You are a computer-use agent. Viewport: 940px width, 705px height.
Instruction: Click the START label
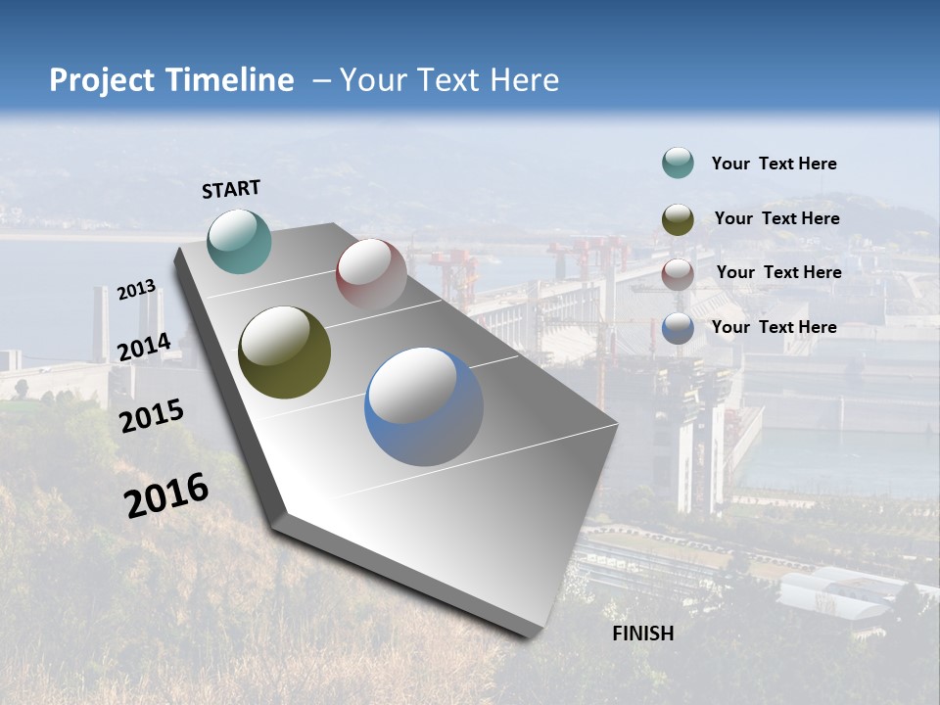click(x=231, y=189)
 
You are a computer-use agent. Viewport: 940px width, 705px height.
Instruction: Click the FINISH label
click(x=642, y=634)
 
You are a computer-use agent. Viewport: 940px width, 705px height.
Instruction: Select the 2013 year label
click(x=136, y=290)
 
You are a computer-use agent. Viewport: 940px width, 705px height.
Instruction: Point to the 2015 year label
click(x=151, y=416)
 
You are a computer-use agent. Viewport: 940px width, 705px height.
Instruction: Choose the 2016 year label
click(x=166, y=494)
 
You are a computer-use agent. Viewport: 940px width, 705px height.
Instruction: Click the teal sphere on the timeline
click(x=239, y=241)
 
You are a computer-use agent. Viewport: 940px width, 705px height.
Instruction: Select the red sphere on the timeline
click(x=371, y=274)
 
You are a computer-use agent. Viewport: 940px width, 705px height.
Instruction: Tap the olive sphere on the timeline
click(x=284, y=352)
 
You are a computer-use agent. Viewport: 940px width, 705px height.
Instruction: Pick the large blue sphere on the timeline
click(x=424, y=406)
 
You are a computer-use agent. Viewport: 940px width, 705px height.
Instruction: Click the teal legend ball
click(x=678, y=164)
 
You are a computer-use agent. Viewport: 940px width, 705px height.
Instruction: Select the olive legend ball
click(x=678, y=219)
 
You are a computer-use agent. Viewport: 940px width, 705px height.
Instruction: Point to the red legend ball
click(x=678, y=274)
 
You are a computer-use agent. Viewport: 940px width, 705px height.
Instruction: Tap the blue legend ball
click(x=678, y=328)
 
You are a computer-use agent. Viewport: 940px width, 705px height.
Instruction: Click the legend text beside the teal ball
click(x=774, y=164)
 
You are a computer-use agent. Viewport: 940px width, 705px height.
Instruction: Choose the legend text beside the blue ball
click(x=774, y=327)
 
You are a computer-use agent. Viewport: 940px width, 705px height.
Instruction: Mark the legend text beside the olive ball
click(x=776, y=218)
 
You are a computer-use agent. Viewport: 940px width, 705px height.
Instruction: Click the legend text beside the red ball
click(x=778, y=272)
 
